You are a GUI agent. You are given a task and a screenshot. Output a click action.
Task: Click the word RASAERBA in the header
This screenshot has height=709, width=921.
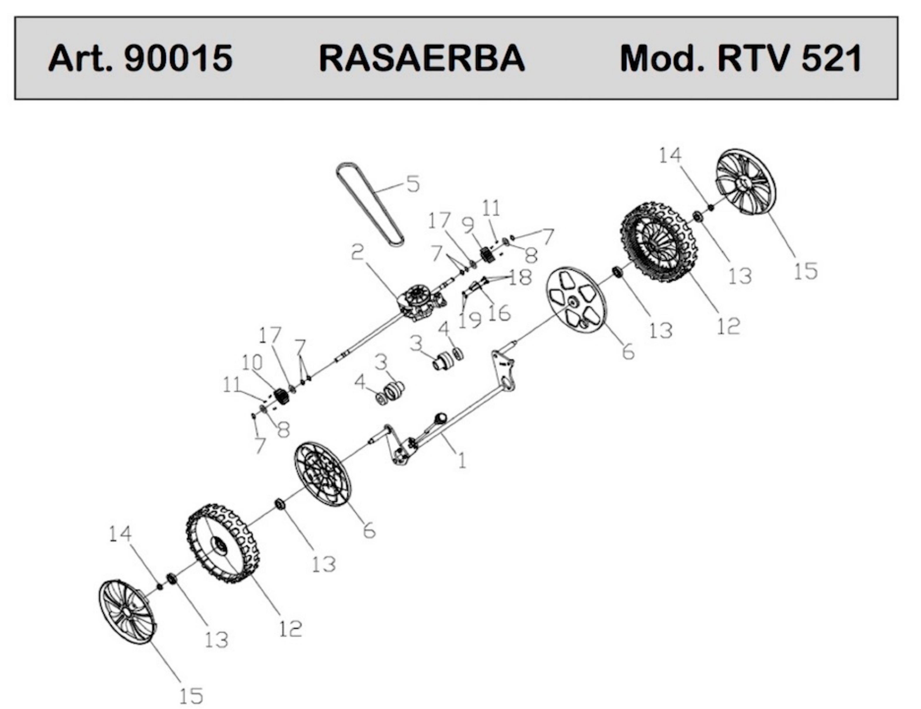coord(422,58)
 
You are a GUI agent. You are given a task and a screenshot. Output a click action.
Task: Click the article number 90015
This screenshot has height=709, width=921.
coord(178,58)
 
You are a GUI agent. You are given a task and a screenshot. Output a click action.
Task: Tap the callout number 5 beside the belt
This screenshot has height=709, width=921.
coord(413,184)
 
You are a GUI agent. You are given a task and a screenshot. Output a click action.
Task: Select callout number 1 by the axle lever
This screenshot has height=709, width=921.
coord(462,460)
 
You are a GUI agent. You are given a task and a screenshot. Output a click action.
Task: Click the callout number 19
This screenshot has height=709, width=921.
coord(470,320)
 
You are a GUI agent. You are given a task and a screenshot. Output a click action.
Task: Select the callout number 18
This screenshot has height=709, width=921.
coord(520,278)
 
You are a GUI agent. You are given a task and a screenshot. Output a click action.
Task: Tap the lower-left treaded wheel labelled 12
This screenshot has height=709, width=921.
coord(223,543)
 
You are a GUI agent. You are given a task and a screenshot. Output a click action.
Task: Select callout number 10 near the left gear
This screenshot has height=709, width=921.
coord(252,362)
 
